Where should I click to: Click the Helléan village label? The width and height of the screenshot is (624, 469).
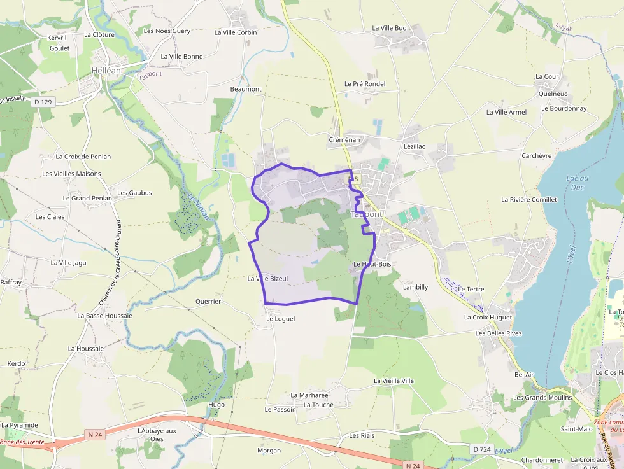106,71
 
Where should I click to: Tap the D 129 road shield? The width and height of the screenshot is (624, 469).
43,102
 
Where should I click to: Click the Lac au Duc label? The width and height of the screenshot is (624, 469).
578,183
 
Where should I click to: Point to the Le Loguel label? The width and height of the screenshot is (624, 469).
281,318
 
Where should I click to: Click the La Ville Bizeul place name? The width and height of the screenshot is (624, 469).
268,279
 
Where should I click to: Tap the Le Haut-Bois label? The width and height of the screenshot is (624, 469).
372,263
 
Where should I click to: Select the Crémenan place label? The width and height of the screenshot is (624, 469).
344,139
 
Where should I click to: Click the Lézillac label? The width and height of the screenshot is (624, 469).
415,146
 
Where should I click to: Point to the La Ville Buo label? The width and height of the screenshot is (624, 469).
389,28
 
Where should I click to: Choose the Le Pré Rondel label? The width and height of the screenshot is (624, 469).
365,83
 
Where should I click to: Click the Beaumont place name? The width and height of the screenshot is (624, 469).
246,89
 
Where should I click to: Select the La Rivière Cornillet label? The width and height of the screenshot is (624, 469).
529,199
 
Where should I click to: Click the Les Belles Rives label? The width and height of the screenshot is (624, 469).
499,333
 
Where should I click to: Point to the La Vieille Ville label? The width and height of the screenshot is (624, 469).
394,381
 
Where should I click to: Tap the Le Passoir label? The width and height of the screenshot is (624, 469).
280,409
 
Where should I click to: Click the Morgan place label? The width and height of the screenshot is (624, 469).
269,451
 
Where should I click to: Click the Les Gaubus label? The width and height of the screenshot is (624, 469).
134,192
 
